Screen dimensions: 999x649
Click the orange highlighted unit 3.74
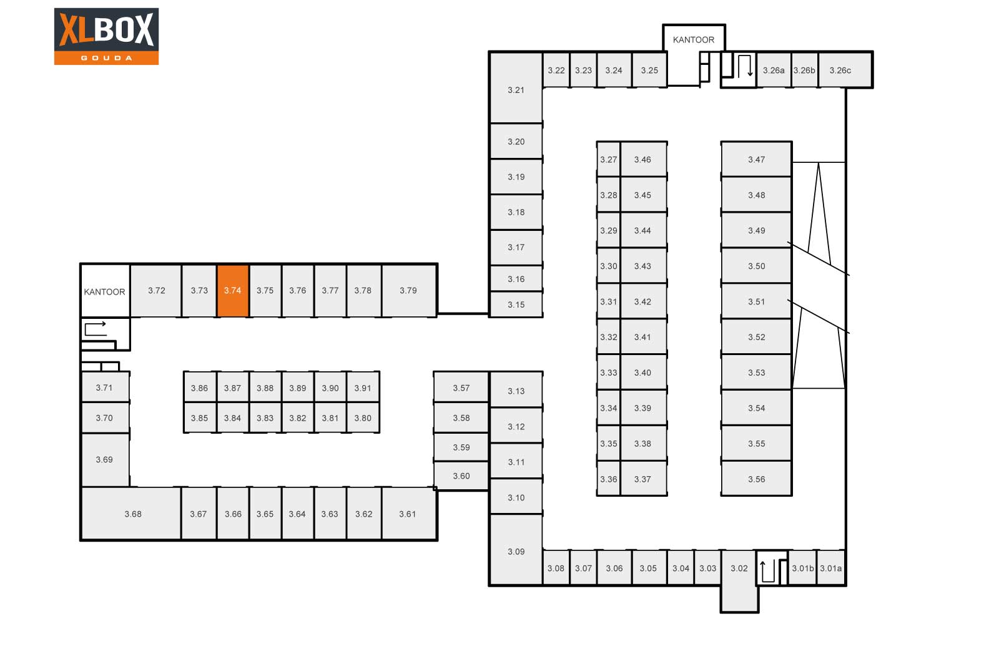pyautogui.click(x=233, y=291)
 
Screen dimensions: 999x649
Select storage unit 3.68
pyautogui.click(x=132, y=514)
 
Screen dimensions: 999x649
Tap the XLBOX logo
pyautogui.click(x=106, y=36)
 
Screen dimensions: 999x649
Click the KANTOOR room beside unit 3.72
pyautogui.click(x=105, y=291)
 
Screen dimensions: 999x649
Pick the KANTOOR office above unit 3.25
pyautogui.click(x=694, y=39)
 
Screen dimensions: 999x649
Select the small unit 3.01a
pyautogui.click(x=831, y=568)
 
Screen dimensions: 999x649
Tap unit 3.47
pyautogui.click(x=756, y=159)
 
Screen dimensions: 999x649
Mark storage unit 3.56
pyautogui.click(x=756, y=479)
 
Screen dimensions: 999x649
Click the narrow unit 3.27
pyautogui.click(x=609, y=159)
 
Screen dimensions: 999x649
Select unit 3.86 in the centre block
pyautogui.click(x=200, y=388)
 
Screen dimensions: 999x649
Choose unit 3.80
pyautogui.click(x=363, y=417)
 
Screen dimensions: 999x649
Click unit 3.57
pyautogui.click(x=461, y=388)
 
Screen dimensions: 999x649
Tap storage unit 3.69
pyautogui.click(x=105, y=460)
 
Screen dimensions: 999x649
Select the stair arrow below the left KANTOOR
pyautogui.click(x=96, y=328)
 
